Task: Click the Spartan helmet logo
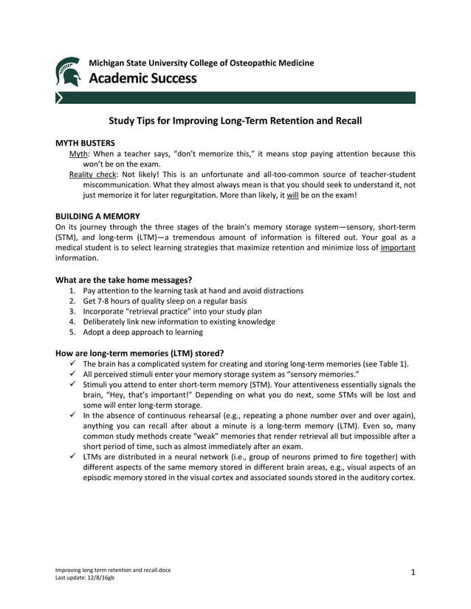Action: point(69,72)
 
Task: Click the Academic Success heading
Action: point(142,78)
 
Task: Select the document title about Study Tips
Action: point(235,119)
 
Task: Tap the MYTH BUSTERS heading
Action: point(85,143)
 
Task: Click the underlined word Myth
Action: point(78,154)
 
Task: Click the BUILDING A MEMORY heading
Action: point(97,216)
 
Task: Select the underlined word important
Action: point(397,248)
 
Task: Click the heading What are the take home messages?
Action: point(124,279)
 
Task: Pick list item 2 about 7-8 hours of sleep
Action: point(165,301)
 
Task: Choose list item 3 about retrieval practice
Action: point(173,311)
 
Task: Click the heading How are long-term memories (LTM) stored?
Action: point(140,352)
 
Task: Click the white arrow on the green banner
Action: point(60,97)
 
